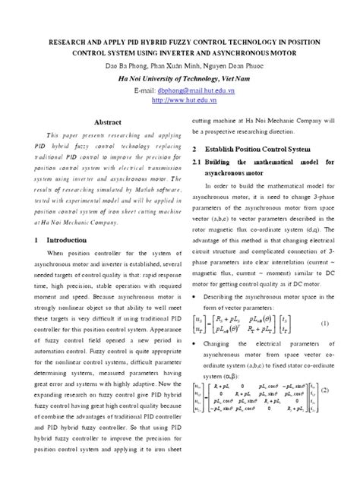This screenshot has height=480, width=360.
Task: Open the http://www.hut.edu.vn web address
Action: point(180,99)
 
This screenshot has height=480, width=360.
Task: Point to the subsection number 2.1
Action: point(201,163)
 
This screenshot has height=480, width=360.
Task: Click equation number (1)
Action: point(324,302)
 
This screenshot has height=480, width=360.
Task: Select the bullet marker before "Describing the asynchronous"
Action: point(197,272)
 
